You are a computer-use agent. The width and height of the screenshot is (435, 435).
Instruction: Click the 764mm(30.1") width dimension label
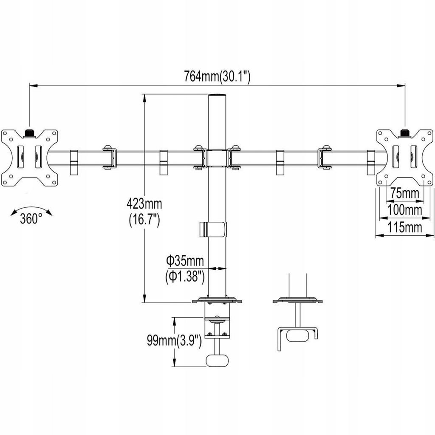tap(217, 76)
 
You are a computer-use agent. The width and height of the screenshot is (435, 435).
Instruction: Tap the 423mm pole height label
tap(144, 204)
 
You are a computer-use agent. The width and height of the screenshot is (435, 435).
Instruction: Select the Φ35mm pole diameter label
tap(185, 261)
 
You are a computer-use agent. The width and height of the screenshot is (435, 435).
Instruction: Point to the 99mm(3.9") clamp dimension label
tap(174, 340)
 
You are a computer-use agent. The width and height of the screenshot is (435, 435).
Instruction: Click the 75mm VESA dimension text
tap(405, 193)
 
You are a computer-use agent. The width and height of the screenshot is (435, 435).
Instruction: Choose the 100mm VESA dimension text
tap(404, 210)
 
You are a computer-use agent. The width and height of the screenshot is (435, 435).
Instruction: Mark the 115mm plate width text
tap(404, 228)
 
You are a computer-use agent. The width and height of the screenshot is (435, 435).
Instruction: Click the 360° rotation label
tap(31, 219)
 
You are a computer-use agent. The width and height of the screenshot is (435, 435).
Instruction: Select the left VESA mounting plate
tap(30, 158)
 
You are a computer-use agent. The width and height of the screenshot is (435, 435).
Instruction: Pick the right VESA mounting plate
tap(405, 158)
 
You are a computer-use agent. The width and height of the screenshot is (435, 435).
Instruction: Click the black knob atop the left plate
tap(30, 133)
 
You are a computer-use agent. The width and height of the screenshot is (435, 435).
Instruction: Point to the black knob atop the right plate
tap(405, 133)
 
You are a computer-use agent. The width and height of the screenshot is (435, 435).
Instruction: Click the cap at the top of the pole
tap(217, 95)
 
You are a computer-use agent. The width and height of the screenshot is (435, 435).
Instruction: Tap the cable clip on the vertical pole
tap(213, 229)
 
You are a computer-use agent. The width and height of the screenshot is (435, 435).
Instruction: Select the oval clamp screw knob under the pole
tap(217, 360)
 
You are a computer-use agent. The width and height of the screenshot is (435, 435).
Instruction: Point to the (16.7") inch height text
tap(144, 221)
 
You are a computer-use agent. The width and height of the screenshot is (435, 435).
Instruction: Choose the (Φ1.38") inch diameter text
tap(185, 277)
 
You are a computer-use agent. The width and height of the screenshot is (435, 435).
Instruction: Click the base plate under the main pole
tap(217, 300)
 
